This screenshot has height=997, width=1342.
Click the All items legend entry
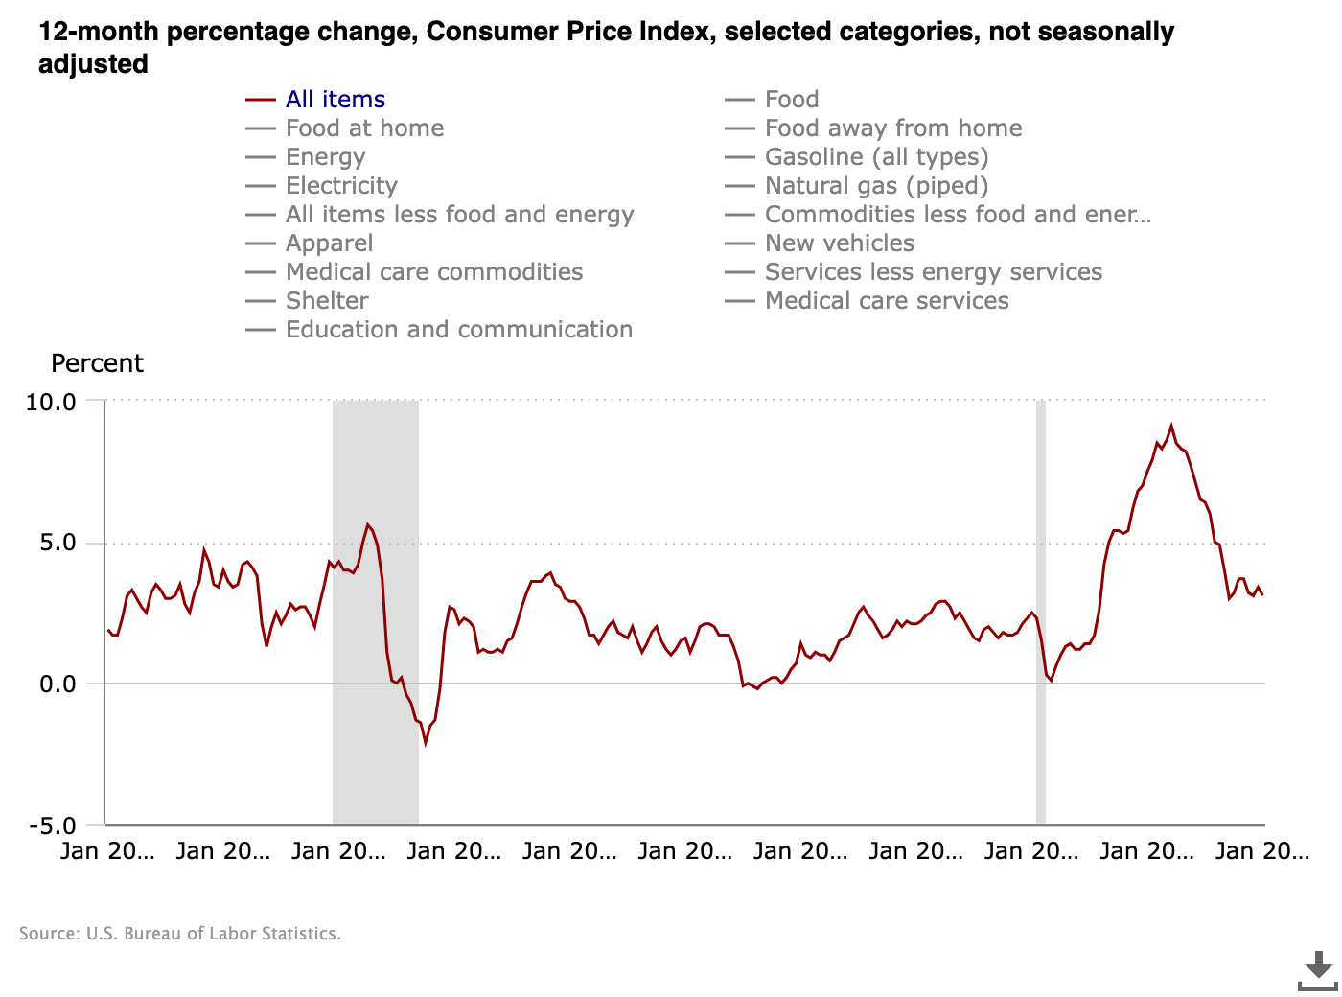point(335,100)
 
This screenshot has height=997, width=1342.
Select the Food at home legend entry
point(364,128)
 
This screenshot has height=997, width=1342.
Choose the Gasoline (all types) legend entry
point(876,157)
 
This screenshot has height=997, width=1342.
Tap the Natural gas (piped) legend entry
point(876,186)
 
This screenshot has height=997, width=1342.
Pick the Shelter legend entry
point(327,301)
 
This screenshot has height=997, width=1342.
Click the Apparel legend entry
point(329,243)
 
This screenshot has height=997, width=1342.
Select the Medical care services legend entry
point(887,301)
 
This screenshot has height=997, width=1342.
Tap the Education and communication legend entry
point(459,330)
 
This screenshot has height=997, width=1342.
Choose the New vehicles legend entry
point(840,243)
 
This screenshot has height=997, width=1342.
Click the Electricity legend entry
point(341,186)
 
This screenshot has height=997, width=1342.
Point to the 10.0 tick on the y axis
point(51,402)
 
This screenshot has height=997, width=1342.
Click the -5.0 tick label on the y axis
point(52,826)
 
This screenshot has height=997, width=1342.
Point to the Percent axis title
point(97,364)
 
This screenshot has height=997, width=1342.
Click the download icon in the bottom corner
point(1318,970)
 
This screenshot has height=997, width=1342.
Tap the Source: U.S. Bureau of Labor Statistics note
point(180,934)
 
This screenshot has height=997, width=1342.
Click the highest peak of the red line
point(1171,426)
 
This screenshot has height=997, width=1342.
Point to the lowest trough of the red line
point(426,743)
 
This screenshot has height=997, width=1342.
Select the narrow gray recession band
point(1041,614)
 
